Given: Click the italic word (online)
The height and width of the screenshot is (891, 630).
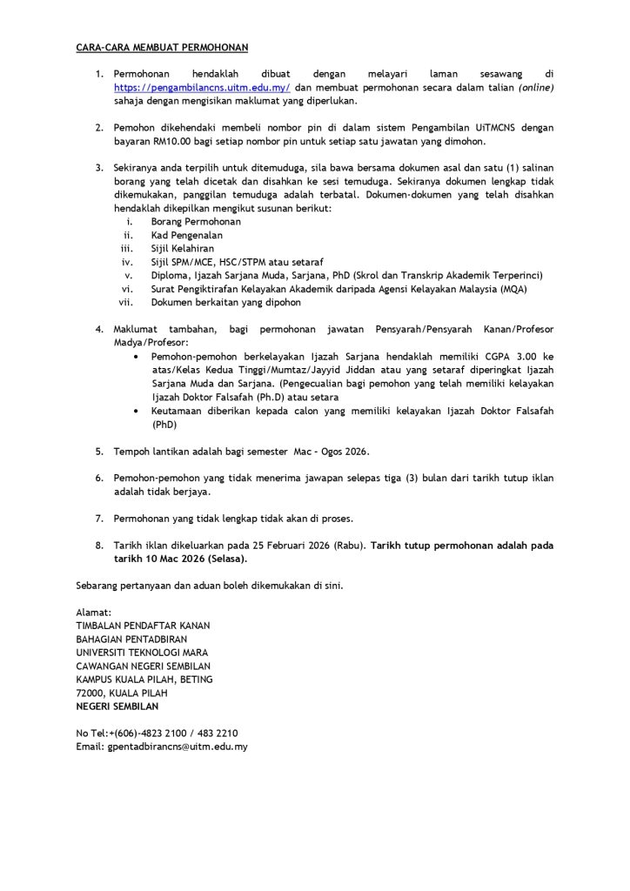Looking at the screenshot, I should [x=536, y=89].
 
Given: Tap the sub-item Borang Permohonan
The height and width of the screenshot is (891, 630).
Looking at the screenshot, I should [x=196, y=222].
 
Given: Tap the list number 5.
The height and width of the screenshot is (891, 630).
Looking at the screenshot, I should [x=99, y=452].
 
